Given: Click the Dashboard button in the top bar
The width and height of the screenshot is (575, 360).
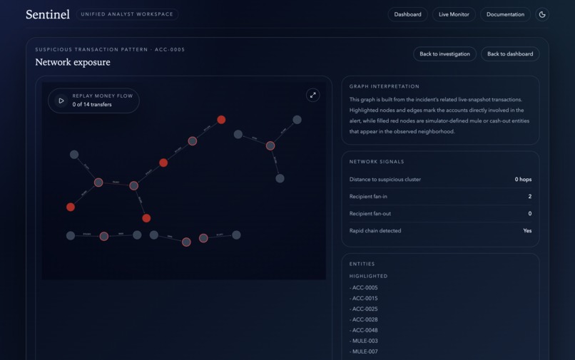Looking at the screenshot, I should point(407,14).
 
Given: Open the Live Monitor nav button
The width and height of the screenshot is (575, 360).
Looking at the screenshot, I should point(454,14).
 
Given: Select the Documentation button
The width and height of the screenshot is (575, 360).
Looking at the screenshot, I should point(505,14).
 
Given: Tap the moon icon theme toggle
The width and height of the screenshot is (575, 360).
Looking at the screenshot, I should point(542,14).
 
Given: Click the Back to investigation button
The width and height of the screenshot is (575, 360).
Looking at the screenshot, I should point(444,54).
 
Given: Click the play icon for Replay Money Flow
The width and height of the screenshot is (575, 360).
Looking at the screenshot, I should point(61,101).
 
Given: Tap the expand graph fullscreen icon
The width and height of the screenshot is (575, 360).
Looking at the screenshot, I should point(312,95).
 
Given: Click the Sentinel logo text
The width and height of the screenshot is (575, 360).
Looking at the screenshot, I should point(48,14).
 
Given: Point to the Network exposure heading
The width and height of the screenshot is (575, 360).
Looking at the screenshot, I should point(73,62).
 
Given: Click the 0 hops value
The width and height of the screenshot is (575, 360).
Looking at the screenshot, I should point(523,180).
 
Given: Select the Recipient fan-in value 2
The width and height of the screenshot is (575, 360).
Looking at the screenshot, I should point(529,197).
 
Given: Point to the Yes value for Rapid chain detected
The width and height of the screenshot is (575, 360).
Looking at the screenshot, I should point(527,231).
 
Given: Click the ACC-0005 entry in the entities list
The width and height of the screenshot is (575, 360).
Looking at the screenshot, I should point(365,288).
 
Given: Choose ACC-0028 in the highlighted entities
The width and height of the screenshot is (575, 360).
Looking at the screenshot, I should point(365,320).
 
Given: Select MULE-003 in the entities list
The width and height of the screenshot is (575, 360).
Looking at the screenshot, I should point(365,341).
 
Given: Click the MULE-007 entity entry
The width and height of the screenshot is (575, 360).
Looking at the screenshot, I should point(365,351).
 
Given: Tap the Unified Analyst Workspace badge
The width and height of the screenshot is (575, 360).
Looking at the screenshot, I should point(127,14).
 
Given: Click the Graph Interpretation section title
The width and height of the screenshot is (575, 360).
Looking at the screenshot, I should point(385,86).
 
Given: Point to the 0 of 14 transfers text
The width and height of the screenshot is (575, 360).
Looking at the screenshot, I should point(92,105).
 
